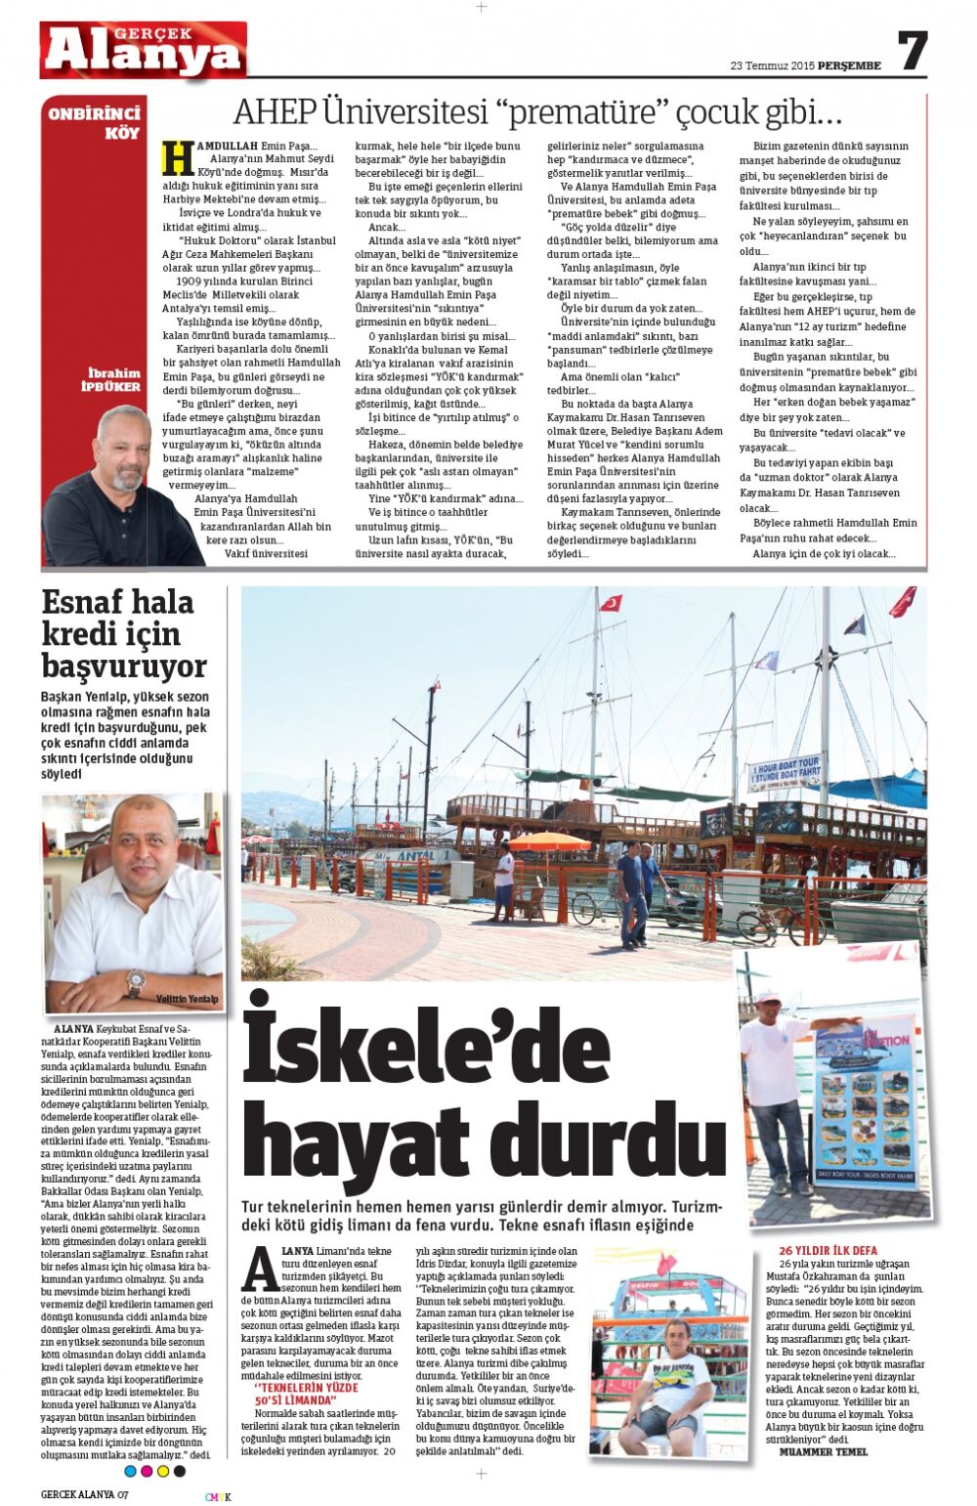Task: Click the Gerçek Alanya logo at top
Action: pyautogui.click(x=143, y=51)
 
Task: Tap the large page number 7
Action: pyautogui.click(x=912, y=51)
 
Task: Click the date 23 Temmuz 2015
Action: pyautogui.click(x=772, y=66)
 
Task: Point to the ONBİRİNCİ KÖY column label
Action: pyautogui.click(x=95, y=122)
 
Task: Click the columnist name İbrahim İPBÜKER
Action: pyautogui.click(x=113, y=379)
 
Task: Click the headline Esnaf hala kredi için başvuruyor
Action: pyautogui.click(x=124, y=633)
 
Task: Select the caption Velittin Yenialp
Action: pyautogui.click(x=187, y=999)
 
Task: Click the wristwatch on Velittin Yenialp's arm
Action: pyautogui.click(x=135, y=980)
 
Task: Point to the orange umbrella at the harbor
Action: pyautogui.click(x=550, y=841)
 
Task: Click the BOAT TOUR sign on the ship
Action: pyautogui.click(x=785, y=772)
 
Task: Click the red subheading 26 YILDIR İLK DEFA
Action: pyautogui.click(x=828, y=1250)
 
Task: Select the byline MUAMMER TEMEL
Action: pyautogui.click(x=823, y=1451)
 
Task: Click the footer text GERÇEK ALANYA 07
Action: pyautogui.click(x=84, y=1494)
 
